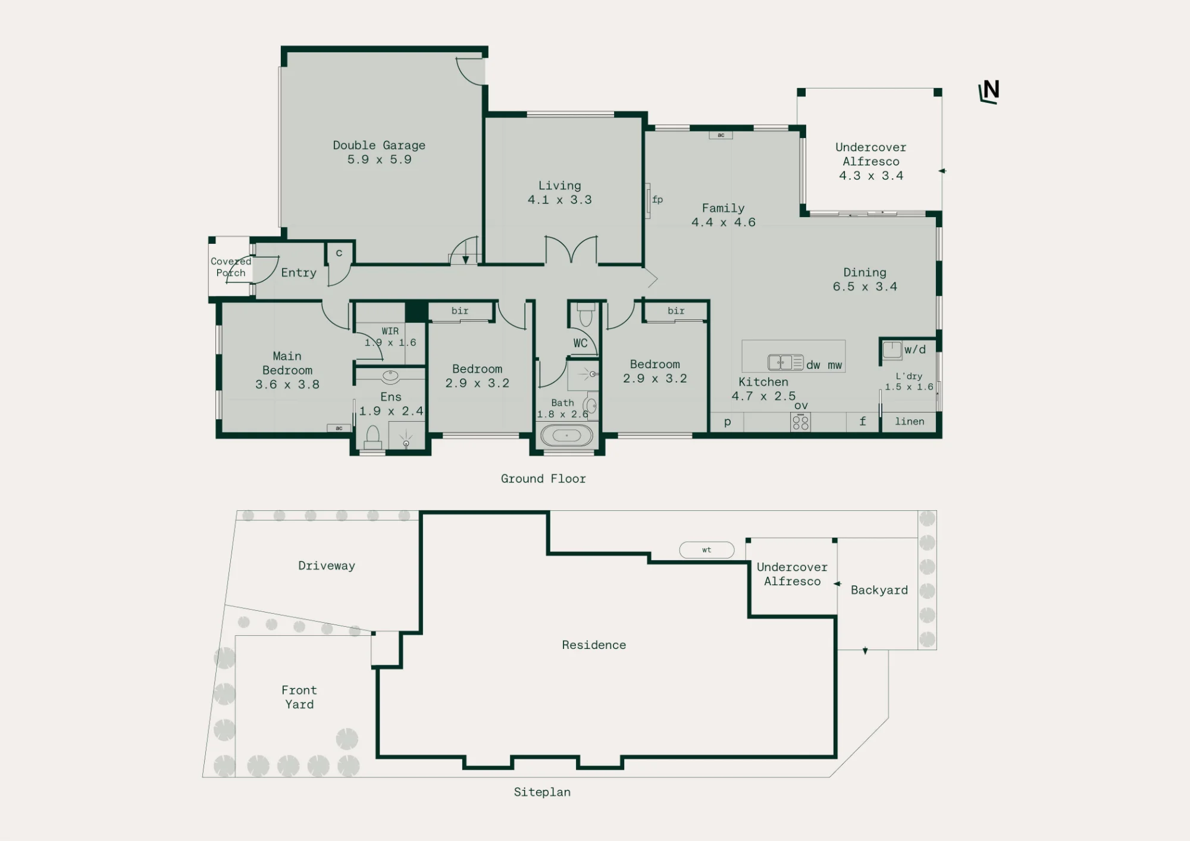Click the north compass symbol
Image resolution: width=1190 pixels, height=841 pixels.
(x=989, y=92)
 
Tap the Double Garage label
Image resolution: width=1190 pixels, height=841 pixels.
(x=379, y=145)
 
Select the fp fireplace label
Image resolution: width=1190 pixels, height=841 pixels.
(x=657, y=199)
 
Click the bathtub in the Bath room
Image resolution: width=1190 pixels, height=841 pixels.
(x=566, y=435)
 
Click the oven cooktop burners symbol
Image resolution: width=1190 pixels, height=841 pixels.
(x=801, y=423)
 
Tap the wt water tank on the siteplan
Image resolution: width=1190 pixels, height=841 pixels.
(x=707, y=550)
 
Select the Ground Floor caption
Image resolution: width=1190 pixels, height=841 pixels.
(x=543, y=479)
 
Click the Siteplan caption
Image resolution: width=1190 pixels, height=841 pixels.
(x=542, y=792)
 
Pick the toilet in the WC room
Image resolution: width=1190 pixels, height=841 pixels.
(x=586, y=314)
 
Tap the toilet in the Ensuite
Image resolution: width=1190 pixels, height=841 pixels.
(x=373, y=437)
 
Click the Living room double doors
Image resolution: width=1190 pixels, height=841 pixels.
(x=571, y=249)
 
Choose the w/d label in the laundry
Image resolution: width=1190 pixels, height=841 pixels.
(x=915, y=350)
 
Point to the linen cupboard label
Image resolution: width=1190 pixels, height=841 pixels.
(x=910, y=422)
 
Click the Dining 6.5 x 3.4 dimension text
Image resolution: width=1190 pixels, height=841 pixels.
(x=865, y=287)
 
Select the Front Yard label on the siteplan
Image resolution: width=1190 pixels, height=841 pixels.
(x=299, y=697)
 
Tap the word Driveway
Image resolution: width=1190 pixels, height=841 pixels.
(x=327, y=566)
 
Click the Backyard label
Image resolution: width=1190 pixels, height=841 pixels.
(x=879, y=590)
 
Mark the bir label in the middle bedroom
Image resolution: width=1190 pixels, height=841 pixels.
(x=460, y=310)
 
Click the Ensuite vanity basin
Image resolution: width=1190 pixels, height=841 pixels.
(x=390, y=375)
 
